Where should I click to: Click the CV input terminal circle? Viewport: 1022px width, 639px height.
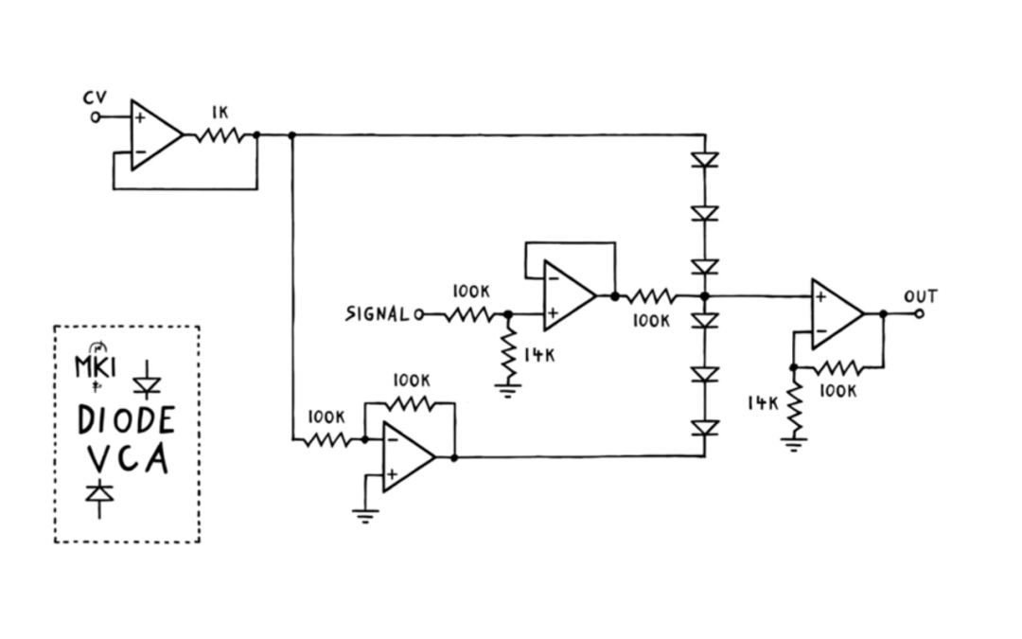(x=95, y=117)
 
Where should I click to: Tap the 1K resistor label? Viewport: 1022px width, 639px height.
(x=220, y=112)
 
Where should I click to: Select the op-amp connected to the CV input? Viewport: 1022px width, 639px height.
(x=154, y=135)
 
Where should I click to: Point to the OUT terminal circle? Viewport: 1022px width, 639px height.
(x=918, y=313)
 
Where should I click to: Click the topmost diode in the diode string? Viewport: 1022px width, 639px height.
(x=705, y=159)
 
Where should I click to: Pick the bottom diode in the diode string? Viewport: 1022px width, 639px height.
(x=705, y=428)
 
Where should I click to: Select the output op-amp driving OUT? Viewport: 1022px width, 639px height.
(x=836, y=313)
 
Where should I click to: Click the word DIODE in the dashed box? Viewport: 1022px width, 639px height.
(x=126, y=418)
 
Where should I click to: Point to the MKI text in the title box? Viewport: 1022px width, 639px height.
(x=95, y=366)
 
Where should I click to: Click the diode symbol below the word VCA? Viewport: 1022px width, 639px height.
(x=99, y=495)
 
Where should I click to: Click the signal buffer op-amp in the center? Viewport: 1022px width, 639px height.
(x=568, y=296)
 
